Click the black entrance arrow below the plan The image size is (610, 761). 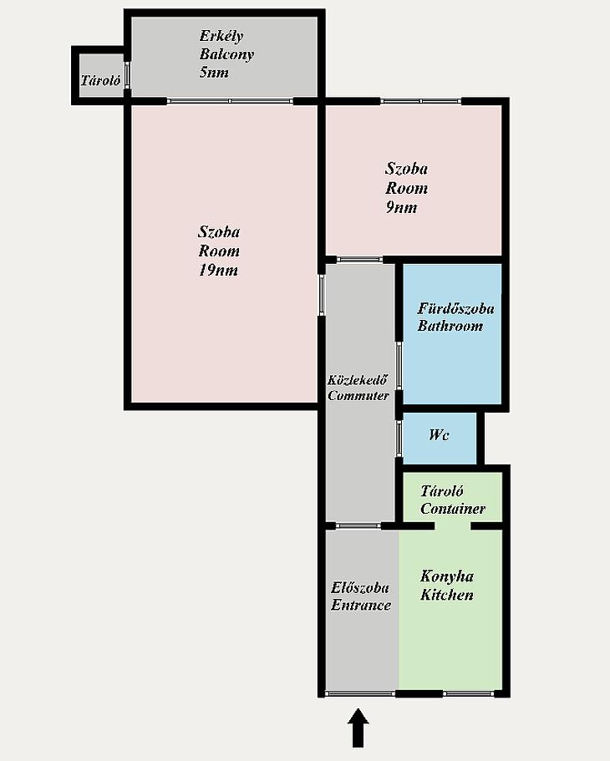tap(358, 728)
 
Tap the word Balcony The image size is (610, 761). tap(226, 54)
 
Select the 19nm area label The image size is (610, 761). tap(218, 271)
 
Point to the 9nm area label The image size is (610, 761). tap(401, 208)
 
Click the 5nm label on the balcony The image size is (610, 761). tap(214, 73)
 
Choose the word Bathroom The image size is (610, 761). tap(450, 326)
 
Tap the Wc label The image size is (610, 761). tap(439, 435)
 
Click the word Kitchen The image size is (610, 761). tap(447, 595)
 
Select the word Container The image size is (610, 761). tap(453, 509)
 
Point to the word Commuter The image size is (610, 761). tap(358, 396)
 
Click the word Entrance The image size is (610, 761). tap(361, 606)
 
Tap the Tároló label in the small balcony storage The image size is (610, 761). tap(100, 80)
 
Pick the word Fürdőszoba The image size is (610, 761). tap(456, 309)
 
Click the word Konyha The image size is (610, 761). tap(447, 576)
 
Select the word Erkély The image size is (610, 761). tap(221, 37)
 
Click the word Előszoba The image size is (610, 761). tap(360, 588)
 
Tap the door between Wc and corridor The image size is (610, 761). tap(399, 439)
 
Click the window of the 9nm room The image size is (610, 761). tap(420, 101)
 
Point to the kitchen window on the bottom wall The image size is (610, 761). tap(469, 693)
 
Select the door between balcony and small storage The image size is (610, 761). tap(127, 74)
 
